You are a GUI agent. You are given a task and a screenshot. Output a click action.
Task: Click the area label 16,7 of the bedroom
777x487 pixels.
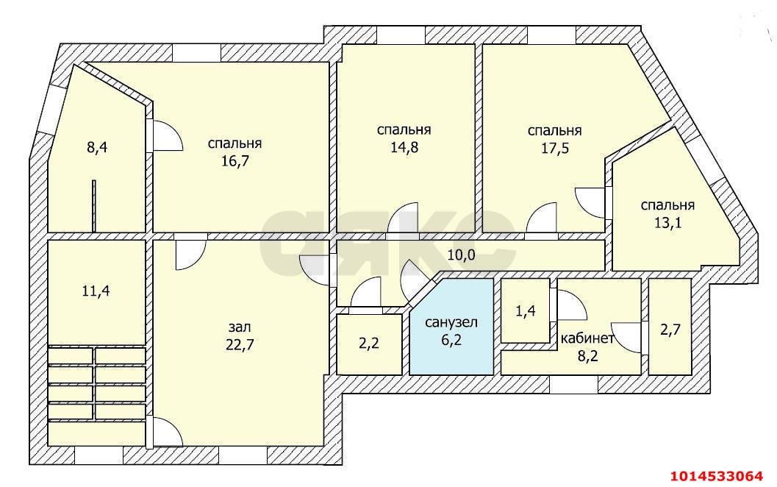[x=234, y=161]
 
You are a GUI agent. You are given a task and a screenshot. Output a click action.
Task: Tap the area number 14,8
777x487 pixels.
[x=404, y=146]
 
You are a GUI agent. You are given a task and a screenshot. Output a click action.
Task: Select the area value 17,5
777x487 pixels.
[x=554, y=147]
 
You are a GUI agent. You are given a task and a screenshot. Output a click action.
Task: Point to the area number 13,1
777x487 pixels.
[x=667, y=222]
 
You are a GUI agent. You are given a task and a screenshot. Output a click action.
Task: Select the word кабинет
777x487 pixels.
[x=587, y=338]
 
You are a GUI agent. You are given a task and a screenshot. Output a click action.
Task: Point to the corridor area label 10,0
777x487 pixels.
[x=461, y=255]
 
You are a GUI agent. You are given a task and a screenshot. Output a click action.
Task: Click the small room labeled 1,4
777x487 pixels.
[x=526, y=311]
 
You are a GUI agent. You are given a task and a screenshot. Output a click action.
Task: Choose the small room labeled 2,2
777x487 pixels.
[x=369, y=342]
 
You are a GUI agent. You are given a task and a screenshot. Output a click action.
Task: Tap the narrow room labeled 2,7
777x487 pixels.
[x=670, y=330]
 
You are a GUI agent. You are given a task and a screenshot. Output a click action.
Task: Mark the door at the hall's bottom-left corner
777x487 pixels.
[x=165, y=432]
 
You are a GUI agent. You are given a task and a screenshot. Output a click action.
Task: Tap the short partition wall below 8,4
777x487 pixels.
[x=94, y=205]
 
